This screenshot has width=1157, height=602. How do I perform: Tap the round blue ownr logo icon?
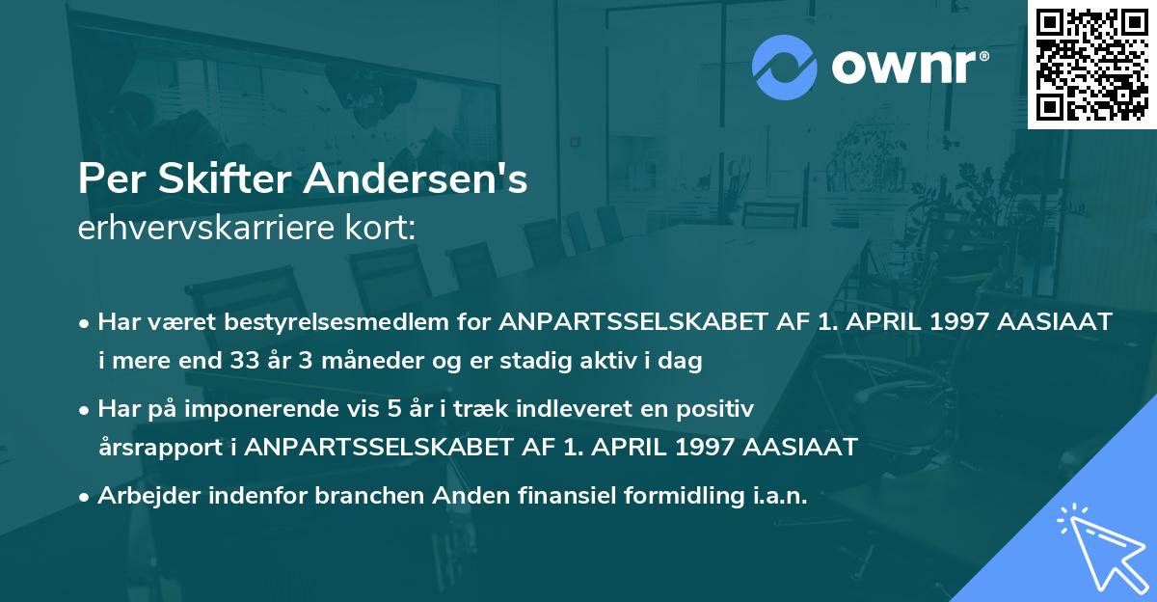pos(784,68)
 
